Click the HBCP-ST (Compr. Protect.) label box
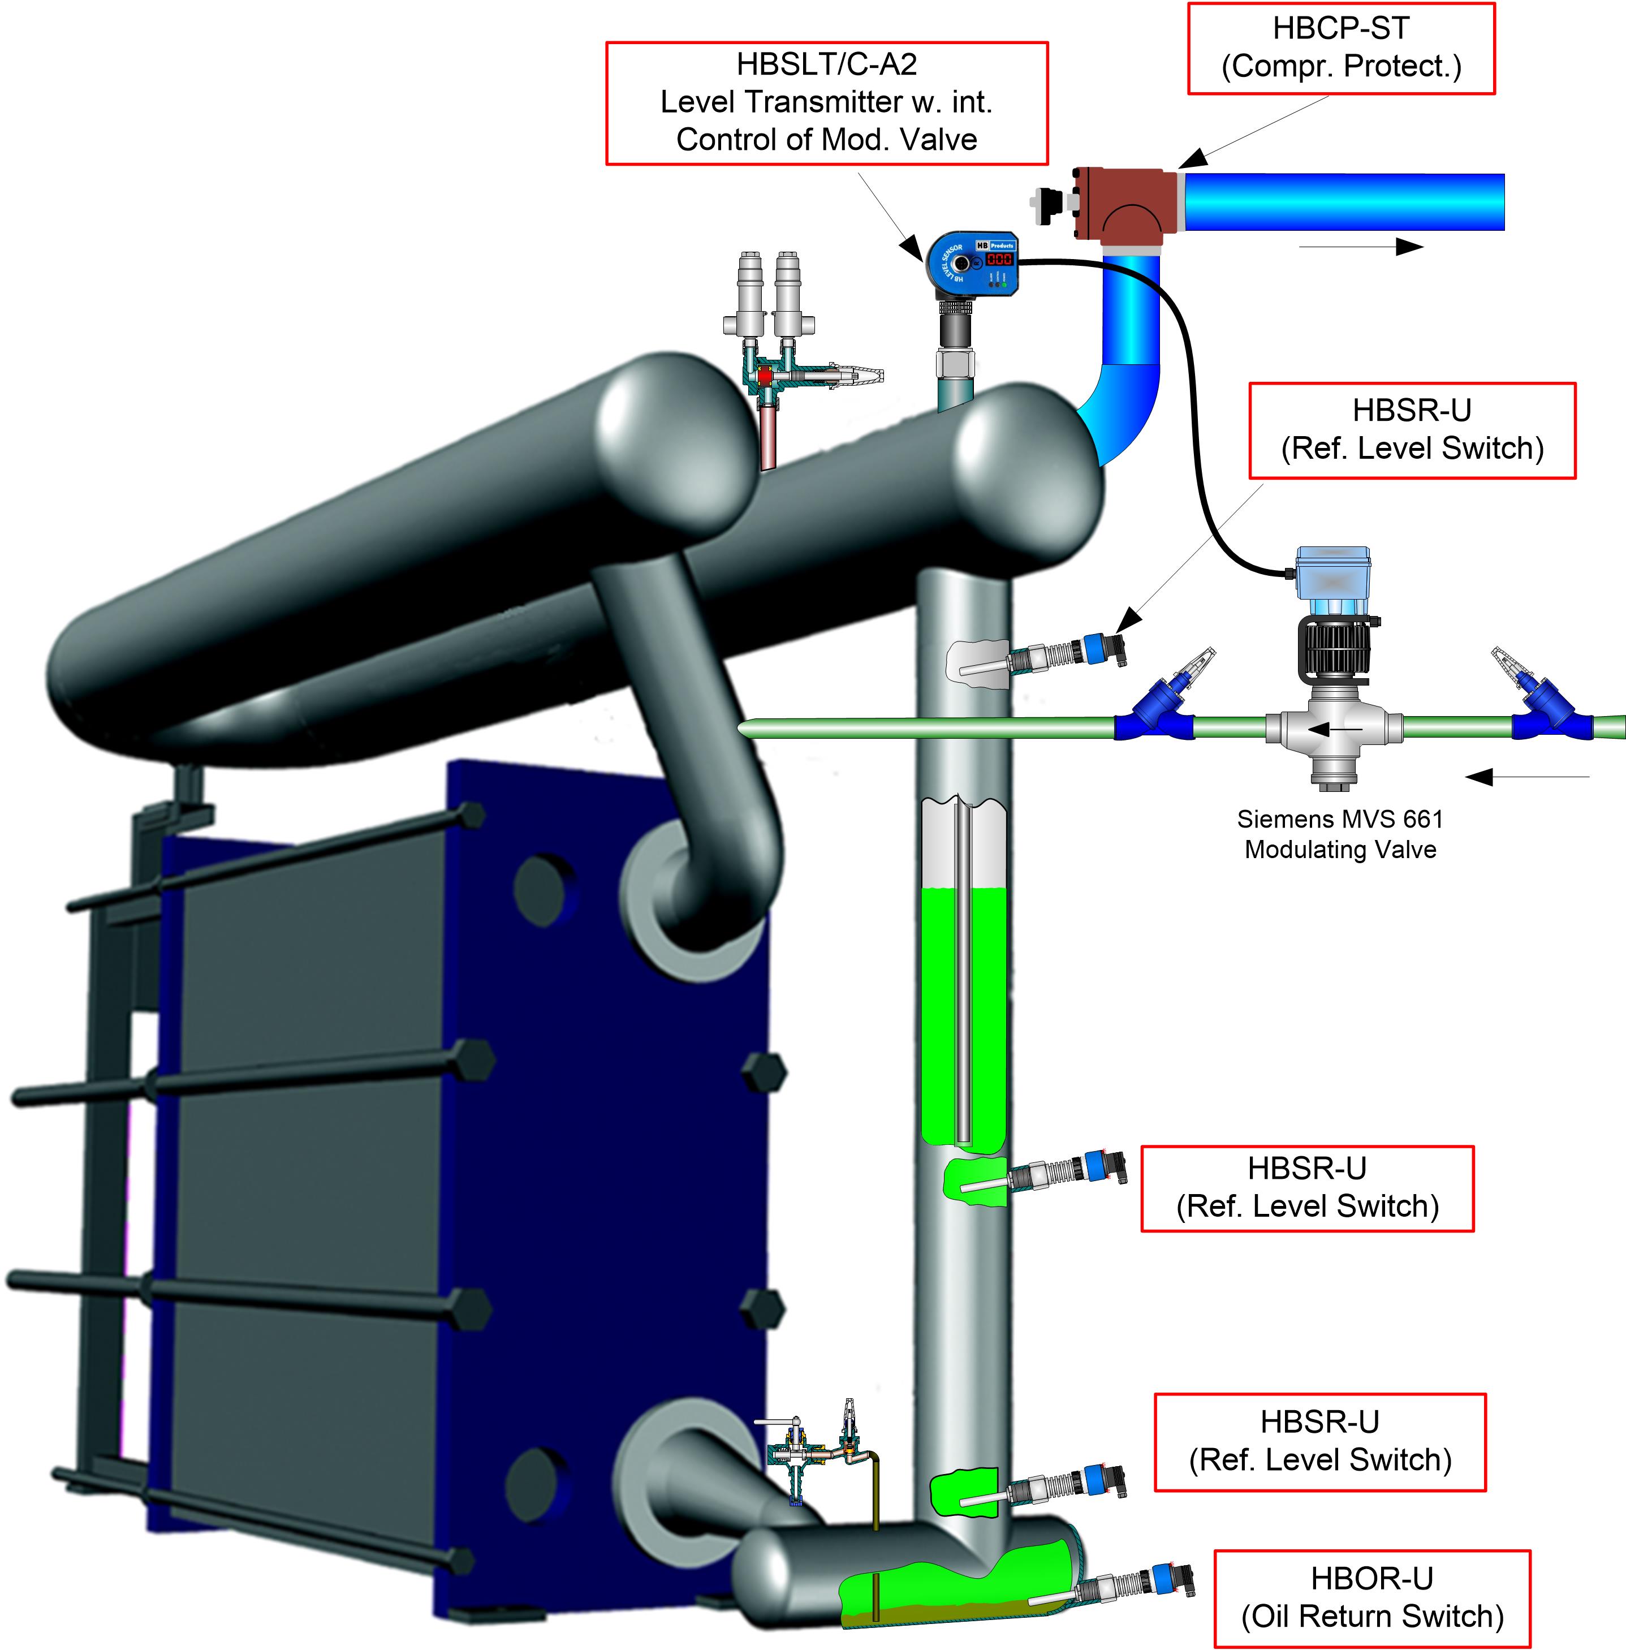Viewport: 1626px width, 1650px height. [1341, 48]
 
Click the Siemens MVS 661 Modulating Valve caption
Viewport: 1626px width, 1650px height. [1340, 834]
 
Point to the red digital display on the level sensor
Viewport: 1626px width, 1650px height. [999, 258]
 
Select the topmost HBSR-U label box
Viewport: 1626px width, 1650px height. [1412, 429]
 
